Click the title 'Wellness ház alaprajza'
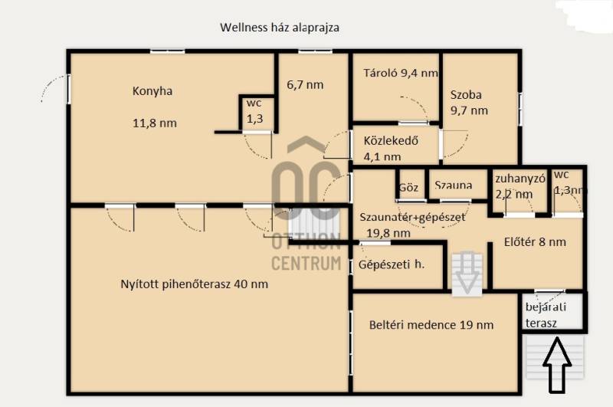point(280,28)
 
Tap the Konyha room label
point(152,91)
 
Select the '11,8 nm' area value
point(155,123)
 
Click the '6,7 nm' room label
point(305,84)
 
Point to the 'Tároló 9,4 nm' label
point(401,73)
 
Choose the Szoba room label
point(466,94)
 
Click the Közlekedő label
point(391,141)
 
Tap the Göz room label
point(408,187)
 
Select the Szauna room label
point(454,185)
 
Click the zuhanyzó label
point(520,179)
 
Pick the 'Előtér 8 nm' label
point(535,242)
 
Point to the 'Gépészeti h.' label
point(392,264)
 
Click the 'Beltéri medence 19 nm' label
point(431,325)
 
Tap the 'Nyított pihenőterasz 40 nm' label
point(195,284)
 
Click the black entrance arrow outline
point(557,366)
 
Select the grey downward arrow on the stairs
point(467,274)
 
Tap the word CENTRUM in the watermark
point(306,263)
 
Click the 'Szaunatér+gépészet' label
point(412,217)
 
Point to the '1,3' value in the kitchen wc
point(255,119)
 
